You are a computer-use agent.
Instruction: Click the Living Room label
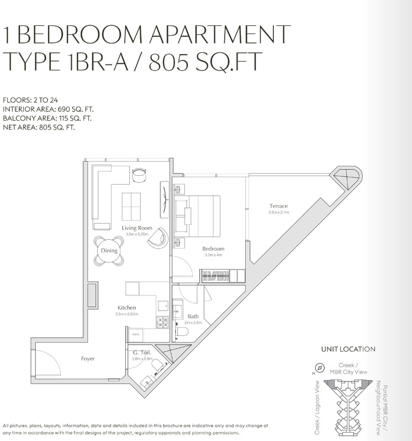tap(137, 228)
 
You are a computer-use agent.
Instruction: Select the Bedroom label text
tap(213, 249)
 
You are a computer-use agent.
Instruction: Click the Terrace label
tap(278, 206)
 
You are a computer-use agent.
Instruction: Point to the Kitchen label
tap(126, 308)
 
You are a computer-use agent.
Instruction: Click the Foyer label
tap(87, 359)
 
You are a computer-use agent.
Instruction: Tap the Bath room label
tap(193, 316)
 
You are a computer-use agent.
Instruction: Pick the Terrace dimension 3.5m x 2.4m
tap(278, 213)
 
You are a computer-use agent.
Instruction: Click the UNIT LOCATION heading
tap(348, 349)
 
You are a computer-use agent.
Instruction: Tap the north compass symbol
tap(319, 369)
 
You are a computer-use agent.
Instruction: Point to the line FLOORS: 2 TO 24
tap(33, 100)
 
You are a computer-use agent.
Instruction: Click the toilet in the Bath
tap(183, 331)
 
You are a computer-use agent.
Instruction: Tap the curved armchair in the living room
tap(160, 237)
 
